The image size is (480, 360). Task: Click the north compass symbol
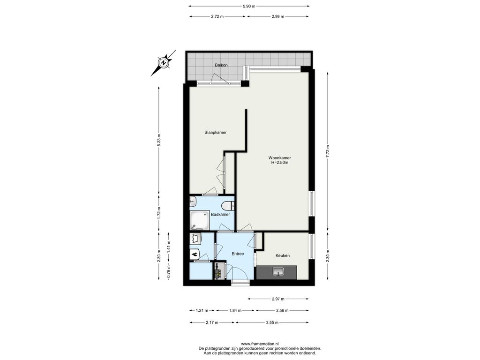pyautogui.click(x=164, y=63)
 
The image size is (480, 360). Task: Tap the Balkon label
pyautogui.click(x=221, y=65)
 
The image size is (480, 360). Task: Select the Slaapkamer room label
pyautogui.click(x=216, y=133)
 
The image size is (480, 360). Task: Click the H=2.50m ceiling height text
pyautogui.click(x=280, y=163)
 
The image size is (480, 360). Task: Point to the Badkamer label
pyautogui.click(x=220, y=215)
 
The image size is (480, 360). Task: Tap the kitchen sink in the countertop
pyautogui.click(x=278, y=271)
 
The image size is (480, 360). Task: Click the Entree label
pyautogui.click(x=238, y=254)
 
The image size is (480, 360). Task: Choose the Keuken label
pyautogui.click(x=283, y=255)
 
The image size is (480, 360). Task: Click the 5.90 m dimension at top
pyautogui.click(x=249, y=6)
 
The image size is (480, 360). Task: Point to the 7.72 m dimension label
pyautogui.click(x=328, y=151)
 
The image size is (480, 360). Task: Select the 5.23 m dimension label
pyautogui.click(x=158, y=141)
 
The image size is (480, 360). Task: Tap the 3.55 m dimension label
pyautogui.click(x=272, y=322)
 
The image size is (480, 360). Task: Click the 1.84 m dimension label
pyautogui.click(x=235, y=310)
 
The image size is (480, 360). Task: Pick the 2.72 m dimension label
pyautogui.click(x=217, y=16)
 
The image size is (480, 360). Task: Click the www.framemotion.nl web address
pyautogui.click(x=260, y=344)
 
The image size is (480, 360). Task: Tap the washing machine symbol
pyautogui.click(x=195, y=238)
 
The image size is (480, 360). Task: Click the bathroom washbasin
pyautogui.click(x=193, y=202)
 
